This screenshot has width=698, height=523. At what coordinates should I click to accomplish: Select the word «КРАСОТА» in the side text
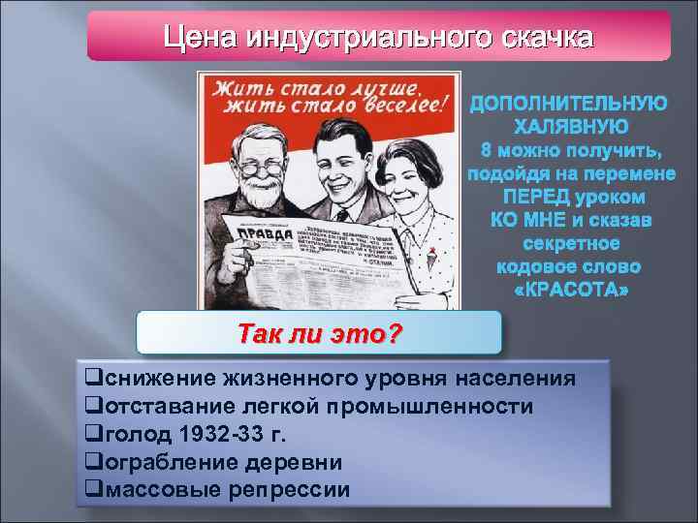(569, 290)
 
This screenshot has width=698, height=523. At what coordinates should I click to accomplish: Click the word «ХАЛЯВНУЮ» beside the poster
(569, 126)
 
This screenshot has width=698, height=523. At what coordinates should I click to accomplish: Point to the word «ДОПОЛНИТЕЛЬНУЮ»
(569, 103)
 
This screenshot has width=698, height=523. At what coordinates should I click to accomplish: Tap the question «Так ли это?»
(320, 333)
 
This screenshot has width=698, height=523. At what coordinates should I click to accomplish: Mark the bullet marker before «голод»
(93, 433)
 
